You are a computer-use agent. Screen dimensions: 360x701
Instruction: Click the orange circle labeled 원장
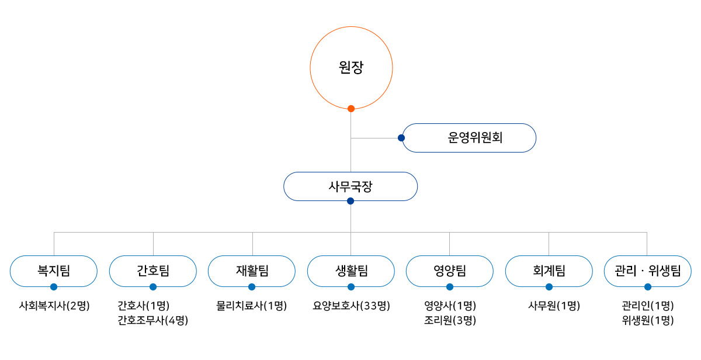(350, 68)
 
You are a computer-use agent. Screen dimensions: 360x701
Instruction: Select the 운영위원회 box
(469, 138)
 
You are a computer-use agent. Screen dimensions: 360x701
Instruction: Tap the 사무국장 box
(350, 186)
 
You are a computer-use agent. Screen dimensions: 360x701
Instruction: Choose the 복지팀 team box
(54, 271)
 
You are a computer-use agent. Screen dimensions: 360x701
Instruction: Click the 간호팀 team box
(153, 271)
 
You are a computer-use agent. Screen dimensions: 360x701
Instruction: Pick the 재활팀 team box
(252, 271)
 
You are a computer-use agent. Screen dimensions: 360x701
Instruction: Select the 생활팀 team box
(351, 271)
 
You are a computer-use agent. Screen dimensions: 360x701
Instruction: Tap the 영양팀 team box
(450, 271)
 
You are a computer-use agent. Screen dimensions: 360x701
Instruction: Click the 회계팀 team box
(549, 271)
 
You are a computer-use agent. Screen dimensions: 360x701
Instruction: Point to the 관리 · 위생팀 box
(647, 271)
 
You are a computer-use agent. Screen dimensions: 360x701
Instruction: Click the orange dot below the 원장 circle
(351, 108)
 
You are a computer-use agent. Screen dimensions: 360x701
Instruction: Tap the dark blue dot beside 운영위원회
(401, 138)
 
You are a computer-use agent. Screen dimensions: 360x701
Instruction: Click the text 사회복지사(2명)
(54, 306)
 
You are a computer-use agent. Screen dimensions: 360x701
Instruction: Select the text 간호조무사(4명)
(153, 320)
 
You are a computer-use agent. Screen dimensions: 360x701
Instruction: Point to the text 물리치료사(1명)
(252, 306)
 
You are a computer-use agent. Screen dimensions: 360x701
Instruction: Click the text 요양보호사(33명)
(351, 306)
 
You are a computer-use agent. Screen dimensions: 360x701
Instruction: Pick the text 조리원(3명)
(450, 320)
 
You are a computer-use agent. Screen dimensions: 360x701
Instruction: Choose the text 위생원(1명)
(648, 320)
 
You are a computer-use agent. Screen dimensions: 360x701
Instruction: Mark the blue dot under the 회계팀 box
(549, 287)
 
